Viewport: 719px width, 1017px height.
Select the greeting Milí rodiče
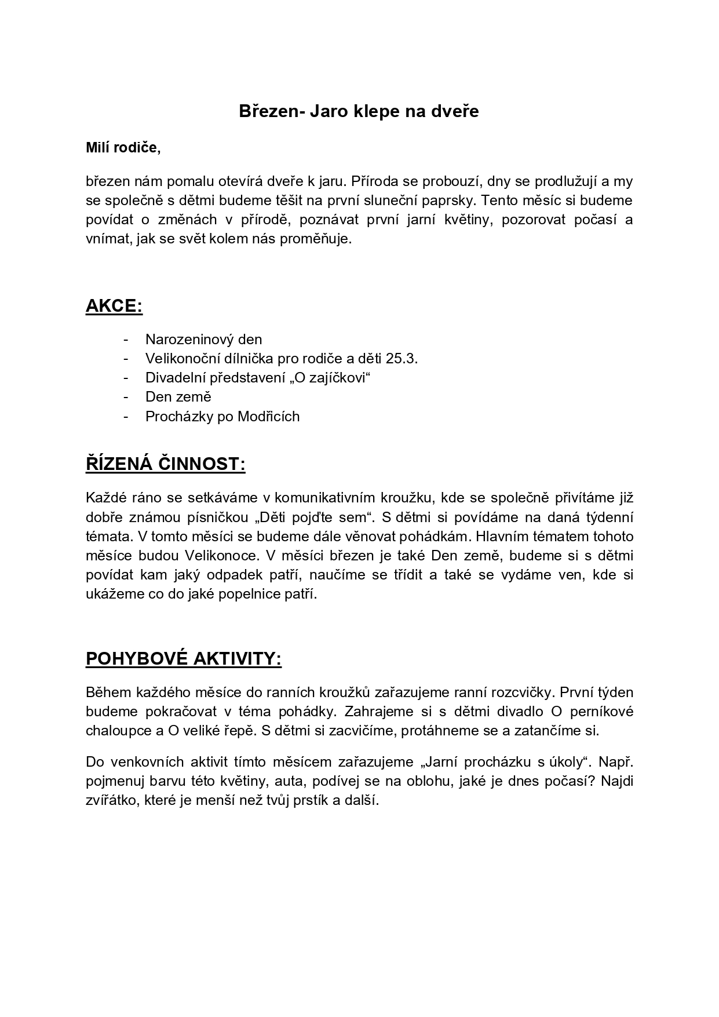tap(123, 148)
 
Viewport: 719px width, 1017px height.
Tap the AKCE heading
tap(114, 307)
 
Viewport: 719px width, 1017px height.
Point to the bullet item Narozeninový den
tap(203, 340)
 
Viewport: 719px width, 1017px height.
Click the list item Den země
tap(178, 397)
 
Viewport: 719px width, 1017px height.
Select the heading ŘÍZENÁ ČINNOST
tap(165, 465)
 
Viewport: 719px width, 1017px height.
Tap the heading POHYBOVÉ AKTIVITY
tap(183, 659)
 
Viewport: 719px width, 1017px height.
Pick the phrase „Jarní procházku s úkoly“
tap(483, 761)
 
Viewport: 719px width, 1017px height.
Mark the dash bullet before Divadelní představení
tap(126, 378)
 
